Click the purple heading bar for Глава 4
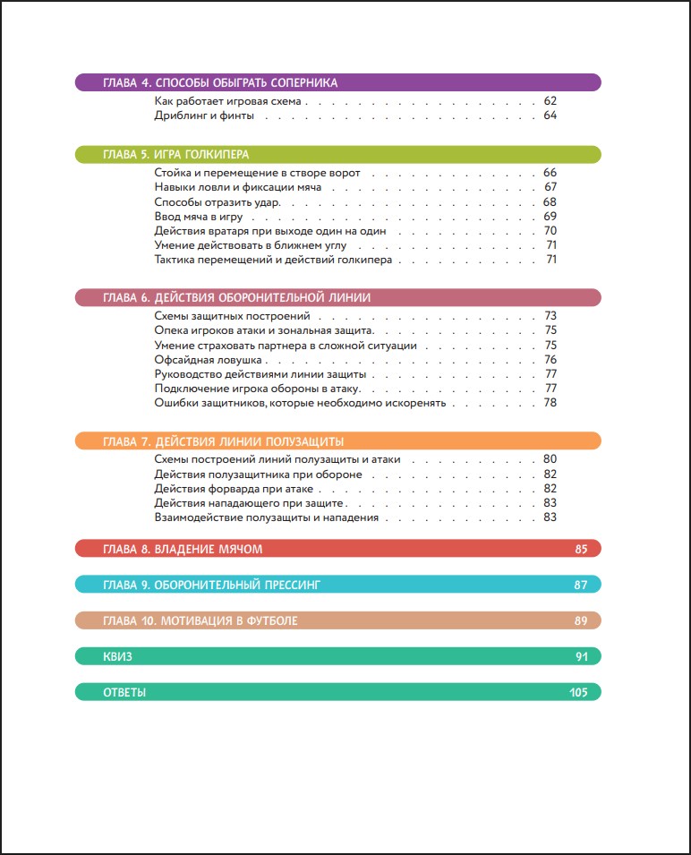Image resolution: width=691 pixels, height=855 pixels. point(337,82)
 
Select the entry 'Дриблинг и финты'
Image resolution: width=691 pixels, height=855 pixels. point(205,115)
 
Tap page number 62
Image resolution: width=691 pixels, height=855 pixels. point(550,101)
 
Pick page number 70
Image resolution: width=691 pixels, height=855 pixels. point(550,230)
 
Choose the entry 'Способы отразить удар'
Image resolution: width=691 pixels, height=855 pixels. point(217,201)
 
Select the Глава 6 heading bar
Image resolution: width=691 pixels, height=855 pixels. point(337,297)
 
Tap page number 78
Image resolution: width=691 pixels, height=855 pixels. point(550,402)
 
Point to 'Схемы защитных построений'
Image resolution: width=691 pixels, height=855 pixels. point(232,316)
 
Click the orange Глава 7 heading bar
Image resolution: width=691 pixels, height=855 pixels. point(337,440)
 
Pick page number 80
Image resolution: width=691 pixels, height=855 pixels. point(550,459)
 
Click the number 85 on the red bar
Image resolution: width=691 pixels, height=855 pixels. point(580,549)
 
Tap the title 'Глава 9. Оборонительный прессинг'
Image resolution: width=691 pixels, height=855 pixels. point(211,585)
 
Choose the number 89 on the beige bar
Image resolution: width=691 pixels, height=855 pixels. point(580,620)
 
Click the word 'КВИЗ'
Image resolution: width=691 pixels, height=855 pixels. point(117,656)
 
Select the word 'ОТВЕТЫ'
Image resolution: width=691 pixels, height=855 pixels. point(124,692)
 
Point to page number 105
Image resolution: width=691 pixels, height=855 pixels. point(577,692)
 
